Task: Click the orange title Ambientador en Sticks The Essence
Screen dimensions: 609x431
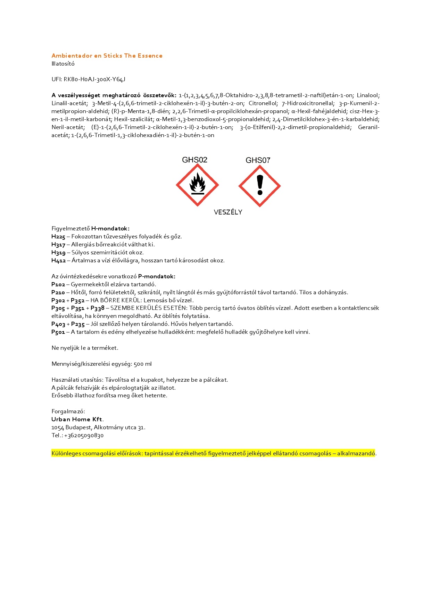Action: [x=107, y=56]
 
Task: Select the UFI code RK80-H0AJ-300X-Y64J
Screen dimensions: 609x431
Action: [x=94, y=79]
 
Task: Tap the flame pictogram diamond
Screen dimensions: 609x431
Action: [x=197, y=185]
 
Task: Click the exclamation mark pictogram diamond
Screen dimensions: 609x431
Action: [x=259, y=186]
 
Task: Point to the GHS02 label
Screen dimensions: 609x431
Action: [x=194, y=160]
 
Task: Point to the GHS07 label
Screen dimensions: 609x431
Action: [x=258, y=160]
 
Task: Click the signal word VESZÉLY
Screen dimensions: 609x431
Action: [x=228, y=212]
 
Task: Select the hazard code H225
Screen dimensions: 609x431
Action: [x=58, y=237]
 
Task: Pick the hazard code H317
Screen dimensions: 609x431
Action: [x=58, y=245]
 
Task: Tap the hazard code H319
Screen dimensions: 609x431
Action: [x=58, y=253]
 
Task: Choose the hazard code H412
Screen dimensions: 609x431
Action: [x=58, y=261]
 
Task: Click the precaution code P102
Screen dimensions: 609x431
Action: [x=58, y=285]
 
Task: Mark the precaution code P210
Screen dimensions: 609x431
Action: [x=58, y=293]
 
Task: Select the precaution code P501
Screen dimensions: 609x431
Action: [x=58, y=332]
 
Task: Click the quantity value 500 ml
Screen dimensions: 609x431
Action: [x=142, y=364]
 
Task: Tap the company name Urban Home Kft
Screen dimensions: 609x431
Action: [x=77, y=419]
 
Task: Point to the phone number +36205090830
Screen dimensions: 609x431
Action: [x=84, y=435]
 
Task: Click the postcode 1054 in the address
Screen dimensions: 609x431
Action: [x=58, y=428]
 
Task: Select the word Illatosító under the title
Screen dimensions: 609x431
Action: [x=63, y=64]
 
